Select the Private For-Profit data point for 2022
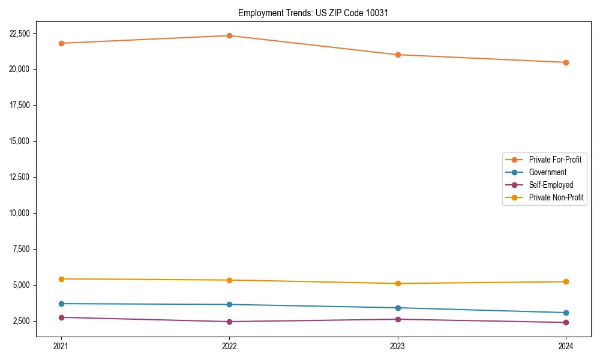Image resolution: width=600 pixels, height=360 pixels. click(229, 35)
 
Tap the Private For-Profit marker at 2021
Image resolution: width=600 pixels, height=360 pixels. click(61, 43)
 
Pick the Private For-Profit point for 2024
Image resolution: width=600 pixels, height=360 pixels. click(566, 62)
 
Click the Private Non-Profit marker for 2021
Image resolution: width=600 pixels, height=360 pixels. click(61, 279)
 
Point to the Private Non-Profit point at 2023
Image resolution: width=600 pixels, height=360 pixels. click(398, 283)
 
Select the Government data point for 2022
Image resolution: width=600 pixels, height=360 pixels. click(229, 304)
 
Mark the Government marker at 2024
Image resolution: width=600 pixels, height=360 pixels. click(566, 313)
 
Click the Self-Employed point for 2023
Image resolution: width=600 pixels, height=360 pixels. click(398, 319)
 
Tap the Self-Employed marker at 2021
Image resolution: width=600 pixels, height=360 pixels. click(61, 317)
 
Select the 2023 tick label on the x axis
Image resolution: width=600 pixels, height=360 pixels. click(398, 346)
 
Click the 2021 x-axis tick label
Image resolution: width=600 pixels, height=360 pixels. click(61, 346)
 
